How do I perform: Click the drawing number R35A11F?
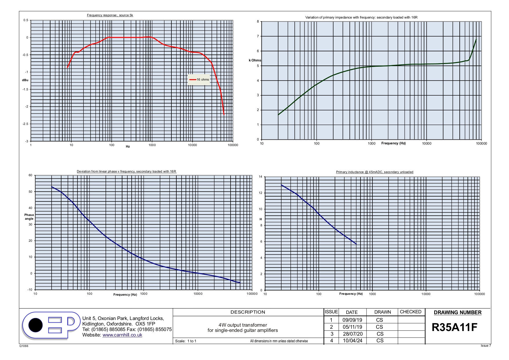click(x=454, y=327)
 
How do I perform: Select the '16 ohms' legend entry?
click(x=202, y=79)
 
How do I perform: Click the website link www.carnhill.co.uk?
click(x=122, y=335)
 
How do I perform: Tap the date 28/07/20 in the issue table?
click(x=352, y=334)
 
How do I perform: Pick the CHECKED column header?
click(x=410, y=312)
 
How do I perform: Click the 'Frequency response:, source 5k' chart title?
click(x=110, y=15)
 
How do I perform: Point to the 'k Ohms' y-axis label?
click(x=255, y=60)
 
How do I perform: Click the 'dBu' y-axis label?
click(x=25, y=80)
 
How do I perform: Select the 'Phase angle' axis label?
click(x=29, y=217)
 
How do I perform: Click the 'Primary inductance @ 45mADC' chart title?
click(x=374, y=172)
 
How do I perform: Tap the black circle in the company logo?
click(x=35, y=325)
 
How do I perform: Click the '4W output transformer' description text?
click(x=242, y=325)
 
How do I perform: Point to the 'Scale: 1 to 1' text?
click(x=186, y=341)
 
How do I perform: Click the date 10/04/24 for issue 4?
click(x=352, y=341)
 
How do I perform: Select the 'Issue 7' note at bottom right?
click(x=486, y=346)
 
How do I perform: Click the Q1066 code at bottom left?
click(x=24, y=346)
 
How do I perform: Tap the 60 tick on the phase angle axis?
click(x=30, y=175)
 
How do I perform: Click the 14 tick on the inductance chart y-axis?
click(x=260, y=177)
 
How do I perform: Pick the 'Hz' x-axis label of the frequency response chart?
click(x=128, y=147)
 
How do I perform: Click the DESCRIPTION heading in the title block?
click(x=248, y=312)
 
